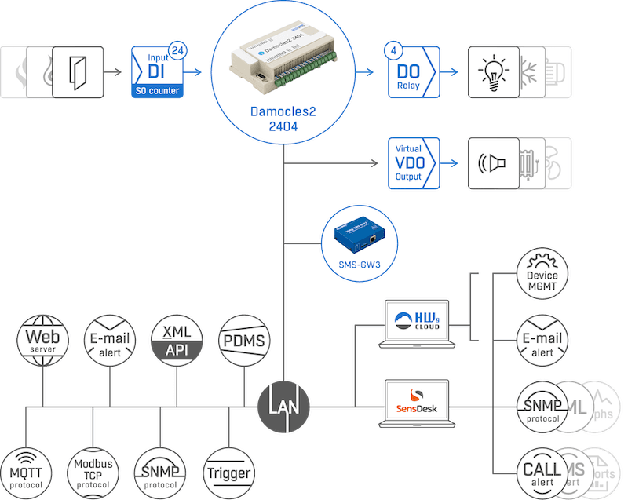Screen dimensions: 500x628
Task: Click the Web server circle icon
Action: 44,341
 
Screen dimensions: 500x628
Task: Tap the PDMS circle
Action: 243,341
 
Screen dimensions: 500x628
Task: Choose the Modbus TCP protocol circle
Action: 93,473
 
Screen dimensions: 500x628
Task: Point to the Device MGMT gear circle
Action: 542,274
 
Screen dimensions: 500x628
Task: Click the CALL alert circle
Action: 542,473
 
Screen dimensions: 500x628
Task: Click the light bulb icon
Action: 494,72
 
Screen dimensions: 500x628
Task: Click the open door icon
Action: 78,72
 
